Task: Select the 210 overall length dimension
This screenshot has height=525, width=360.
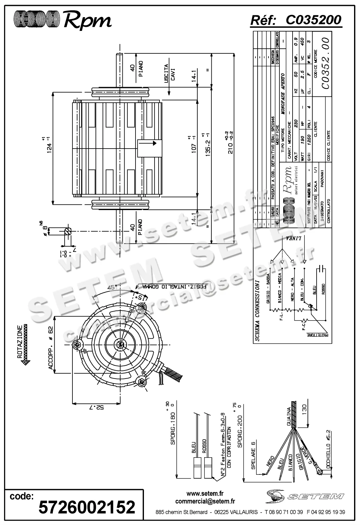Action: [x=231, y=142]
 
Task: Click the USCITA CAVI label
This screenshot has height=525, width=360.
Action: [x=170, y=73]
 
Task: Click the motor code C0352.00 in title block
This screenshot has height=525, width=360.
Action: [x=325, y=63]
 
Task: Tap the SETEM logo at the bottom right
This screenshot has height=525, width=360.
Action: [x=305, y=496]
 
